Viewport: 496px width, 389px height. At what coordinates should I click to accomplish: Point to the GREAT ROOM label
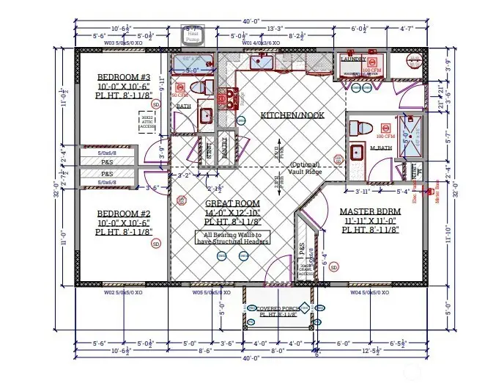click(231, 203)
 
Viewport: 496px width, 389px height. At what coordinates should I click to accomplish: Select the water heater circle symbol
click(415, 60)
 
